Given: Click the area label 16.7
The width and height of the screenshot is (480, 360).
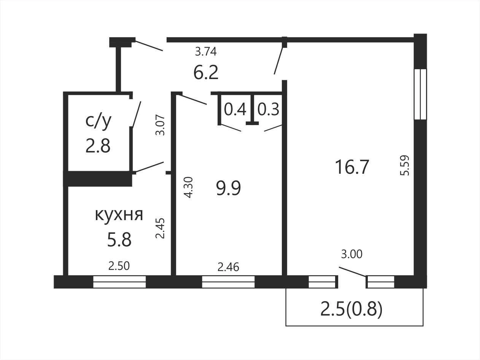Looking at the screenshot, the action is coord(352,167).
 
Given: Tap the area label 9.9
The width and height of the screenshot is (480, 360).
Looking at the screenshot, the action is coord(228,188).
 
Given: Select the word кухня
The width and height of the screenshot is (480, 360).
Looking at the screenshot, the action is coord(119,214).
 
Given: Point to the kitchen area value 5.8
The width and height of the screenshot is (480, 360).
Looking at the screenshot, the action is coord(119,239).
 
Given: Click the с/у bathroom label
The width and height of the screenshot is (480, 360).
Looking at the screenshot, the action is coord(99,121).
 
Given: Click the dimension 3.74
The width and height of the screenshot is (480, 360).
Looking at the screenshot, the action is coord(206,52).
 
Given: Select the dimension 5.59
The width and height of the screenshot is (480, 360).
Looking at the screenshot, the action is coord(404,165).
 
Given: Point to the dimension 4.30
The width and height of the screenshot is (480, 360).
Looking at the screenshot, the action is coord(188,187).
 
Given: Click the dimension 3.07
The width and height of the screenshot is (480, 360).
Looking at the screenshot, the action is coord(160,125).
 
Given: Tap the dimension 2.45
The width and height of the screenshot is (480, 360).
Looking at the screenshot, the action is coord(160,228).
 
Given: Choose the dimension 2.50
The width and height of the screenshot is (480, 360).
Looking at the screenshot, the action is coord(119,266).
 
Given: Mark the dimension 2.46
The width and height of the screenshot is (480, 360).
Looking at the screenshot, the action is coord(228,267).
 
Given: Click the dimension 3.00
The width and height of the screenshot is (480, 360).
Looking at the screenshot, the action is coord(352,254).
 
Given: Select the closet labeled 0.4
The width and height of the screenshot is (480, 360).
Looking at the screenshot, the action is coord(235,109).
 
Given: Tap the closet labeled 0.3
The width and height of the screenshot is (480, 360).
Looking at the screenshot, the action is coord(268,109).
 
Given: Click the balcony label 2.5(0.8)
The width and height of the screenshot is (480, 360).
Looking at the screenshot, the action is coord(351,309).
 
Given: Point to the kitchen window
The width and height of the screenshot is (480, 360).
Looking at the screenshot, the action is coord(119,282).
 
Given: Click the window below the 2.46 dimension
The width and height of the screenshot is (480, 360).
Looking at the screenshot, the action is coord(228,282).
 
